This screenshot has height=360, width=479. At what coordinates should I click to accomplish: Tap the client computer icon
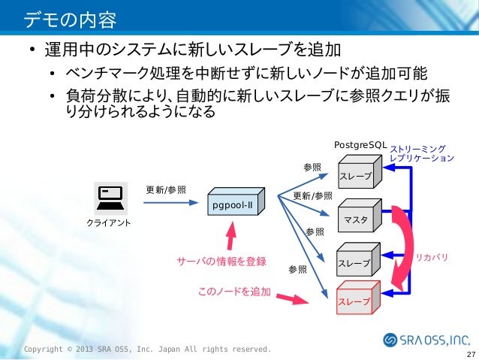pyautogui.click(x=109, y=197)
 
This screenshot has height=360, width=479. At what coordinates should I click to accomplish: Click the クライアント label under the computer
pyautogui.click(x=109, y=223)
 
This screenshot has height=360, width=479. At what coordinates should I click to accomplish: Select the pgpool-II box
pyautogui.click(x=233, y=204)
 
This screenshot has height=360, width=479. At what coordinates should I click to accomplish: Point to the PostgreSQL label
pyautogui.click(x=360, y=144)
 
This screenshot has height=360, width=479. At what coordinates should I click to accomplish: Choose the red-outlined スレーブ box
pyautogui.click(x=357, y=298)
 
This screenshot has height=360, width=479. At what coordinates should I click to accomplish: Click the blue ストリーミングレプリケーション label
pyautogui.click(x=421, y=154)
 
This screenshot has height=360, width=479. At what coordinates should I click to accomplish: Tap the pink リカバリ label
pyautogui.click(x=432, y=257)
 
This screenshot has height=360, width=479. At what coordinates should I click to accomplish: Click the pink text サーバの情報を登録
pyautogui.click(x=221, y=262)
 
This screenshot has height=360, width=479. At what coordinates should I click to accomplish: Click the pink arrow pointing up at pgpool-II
pyautogui.click(x=232, y=238)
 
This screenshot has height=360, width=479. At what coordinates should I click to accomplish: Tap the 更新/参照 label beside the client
pyautogui.click(x=165, y=189)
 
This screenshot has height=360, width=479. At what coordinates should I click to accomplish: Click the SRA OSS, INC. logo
pyautogui.click(x=426, y=340)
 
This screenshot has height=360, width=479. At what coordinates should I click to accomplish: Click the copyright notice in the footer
pyautogui.click(x=146, y=349)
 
